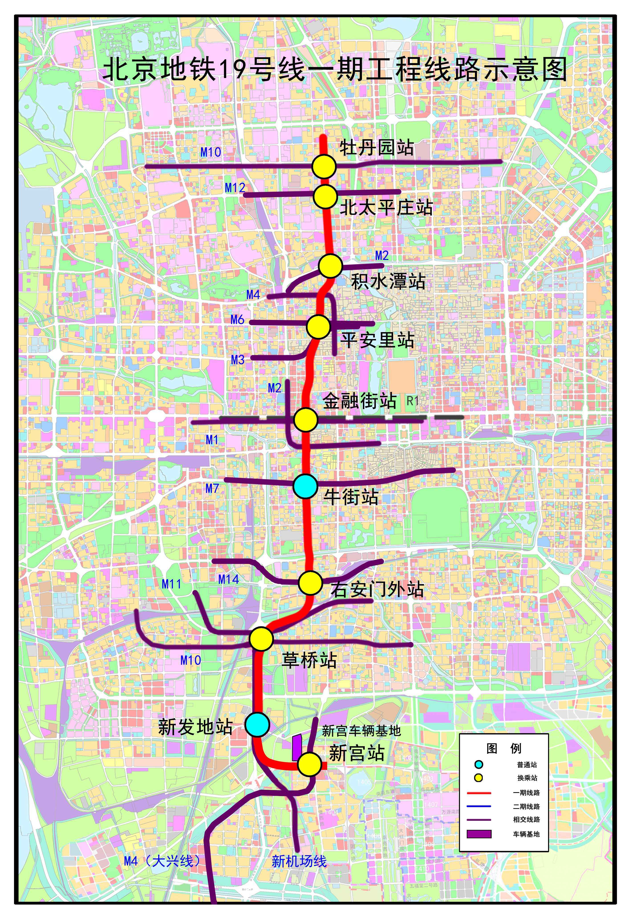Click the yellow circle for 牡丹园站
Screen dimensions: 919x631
pyautogui.click(x=323, y=167)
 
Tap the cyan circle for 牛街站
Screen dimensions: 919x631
pyautogui.click(x=305, y=486)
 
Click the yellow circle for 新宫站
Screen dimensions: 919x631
pyautogui.click(x=309, y=764)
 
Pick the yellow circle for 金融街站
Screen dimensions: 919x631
pyautogui.click(x=306, y=419)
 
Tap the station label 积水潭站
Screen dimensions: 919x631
pyautogui.click(x=388, y=282)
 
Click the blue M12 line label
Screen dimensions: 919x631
pyautogui.click(x=235, y=188)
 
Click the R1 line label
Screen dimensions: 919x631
pyautogui.click(x=412, y=401)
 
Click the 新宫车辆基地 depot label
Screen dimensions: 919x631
pyautogui.click(x=361, y=731)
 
